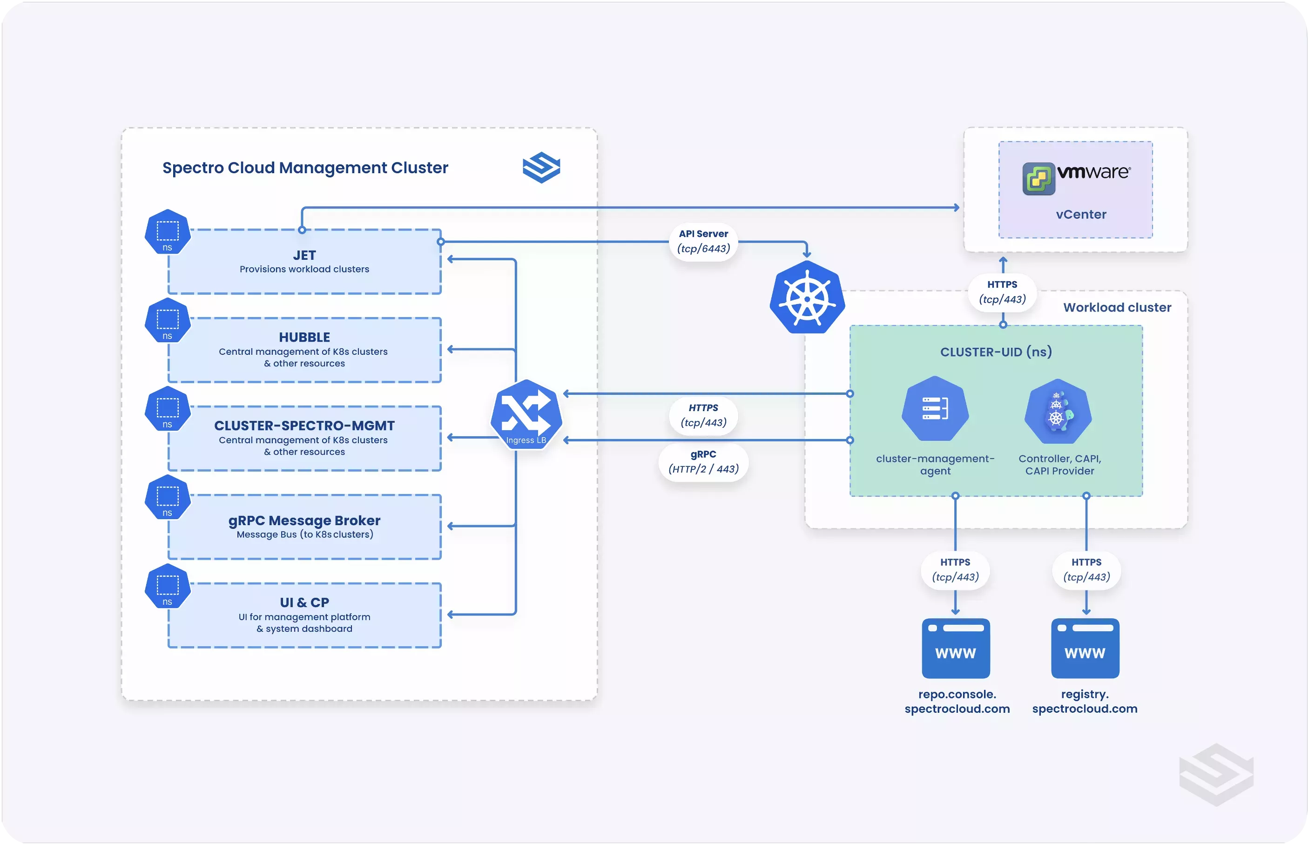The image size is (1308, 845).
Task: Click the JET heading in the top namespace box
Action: coord(304,255)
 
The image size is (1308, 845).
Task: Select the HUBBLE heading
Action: coord(304,337)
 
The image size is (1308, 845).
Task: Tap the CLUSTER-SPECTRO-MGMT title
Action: coord(304,426)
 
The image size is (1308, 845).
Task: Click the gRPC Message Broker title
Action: coord(304,520)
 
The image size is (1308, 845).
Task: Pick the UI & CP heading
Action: coord(304,602)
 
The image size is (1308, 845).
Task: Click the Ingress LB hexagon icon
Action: coord(526,414)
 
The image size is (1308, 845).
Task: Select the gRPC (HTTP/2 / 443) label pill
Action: coord(704,462)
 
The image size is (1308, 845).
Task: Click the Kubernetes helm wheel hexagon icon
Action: coord(807,297)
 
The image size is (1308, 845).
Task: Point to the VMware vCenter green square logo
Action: coord(1038,178)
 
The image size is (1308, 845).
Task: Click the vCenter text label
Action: coord(1080,215)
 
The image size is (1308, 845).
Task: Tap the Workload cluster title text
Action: coord(1117,307)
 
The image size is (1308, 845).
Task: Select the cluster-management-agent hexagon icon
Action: coord(935,409)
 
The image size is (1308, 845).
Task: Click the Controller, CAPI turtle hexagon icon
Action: coord(1058,412)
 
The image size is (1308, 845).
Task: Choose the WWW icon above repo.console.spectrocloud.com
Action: coord(955,648)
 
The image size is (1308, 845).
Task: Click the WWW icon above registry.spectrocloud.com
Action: coord(1085,648)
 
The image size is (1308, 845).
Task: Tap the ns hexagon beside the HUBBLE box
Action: coord(167,320)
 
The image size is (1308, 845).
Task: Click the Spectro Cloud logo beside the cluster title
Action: coord(541,167)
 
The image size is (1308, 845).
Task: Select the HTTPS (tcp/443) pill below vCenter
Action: coord(1002,292)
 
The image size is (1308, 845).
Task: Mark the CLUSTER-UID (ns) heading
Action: coord(996,352)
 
